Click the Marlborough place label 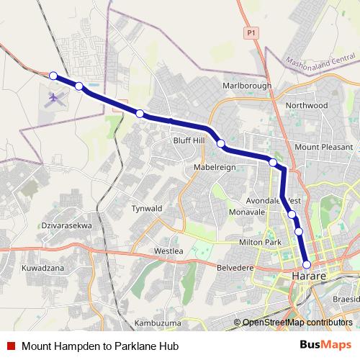click(x=247, y=86)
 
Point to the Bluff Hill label click(x=189, y=140)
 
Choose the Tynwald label click(x=147, y=208)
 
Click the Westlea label click(x=169, y=251)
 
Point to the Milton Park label click(x=259, y=243)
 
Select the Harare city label click(x=310, y=276)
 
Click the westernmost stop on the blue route click(x=53, y=75)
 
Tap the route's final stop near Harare click(x=307, y=264)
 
